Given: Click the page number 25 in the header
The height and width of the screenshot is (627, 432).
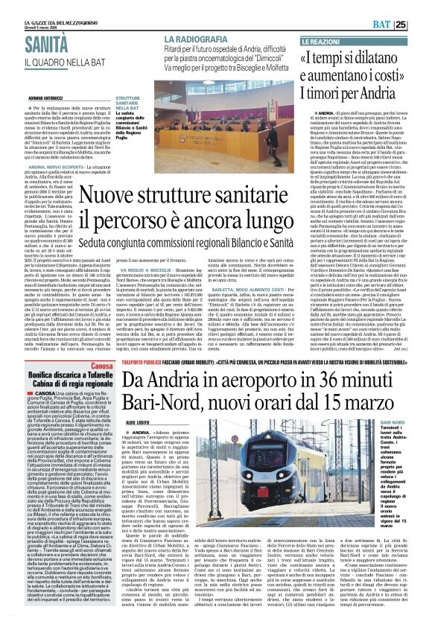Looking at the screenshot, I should tap(421, 25).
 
